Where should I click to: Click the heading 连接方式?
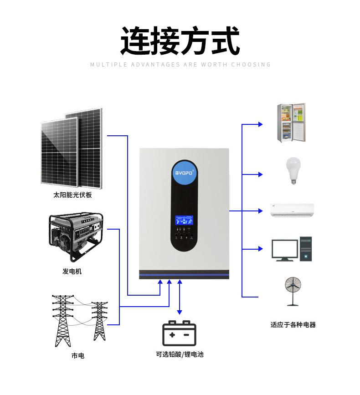pos(180,41)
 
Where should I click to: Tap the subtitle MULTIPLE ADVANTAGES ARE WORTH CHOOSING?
pos(180,65)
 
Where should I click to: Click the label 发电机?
pos(72,272)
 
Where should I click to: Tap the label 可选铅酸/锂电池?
pos(180,354)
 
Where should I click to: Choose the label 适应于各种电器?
pos(293,325)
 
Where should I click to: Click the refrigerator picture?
pos(291,123)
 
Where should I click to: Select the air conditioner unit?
pos(292,210)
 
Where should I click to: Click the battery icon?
pos(180,333)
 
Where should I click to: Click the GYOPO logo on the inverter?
pos(185,174)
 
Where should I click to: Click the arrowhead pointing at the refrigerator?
pos(260,124)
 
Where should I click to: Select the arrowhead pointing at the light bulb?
pos(260,174)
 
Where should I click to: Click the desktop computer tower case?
pos(306,249)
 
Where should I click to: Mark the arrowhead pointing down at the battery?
pos(180,312)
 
